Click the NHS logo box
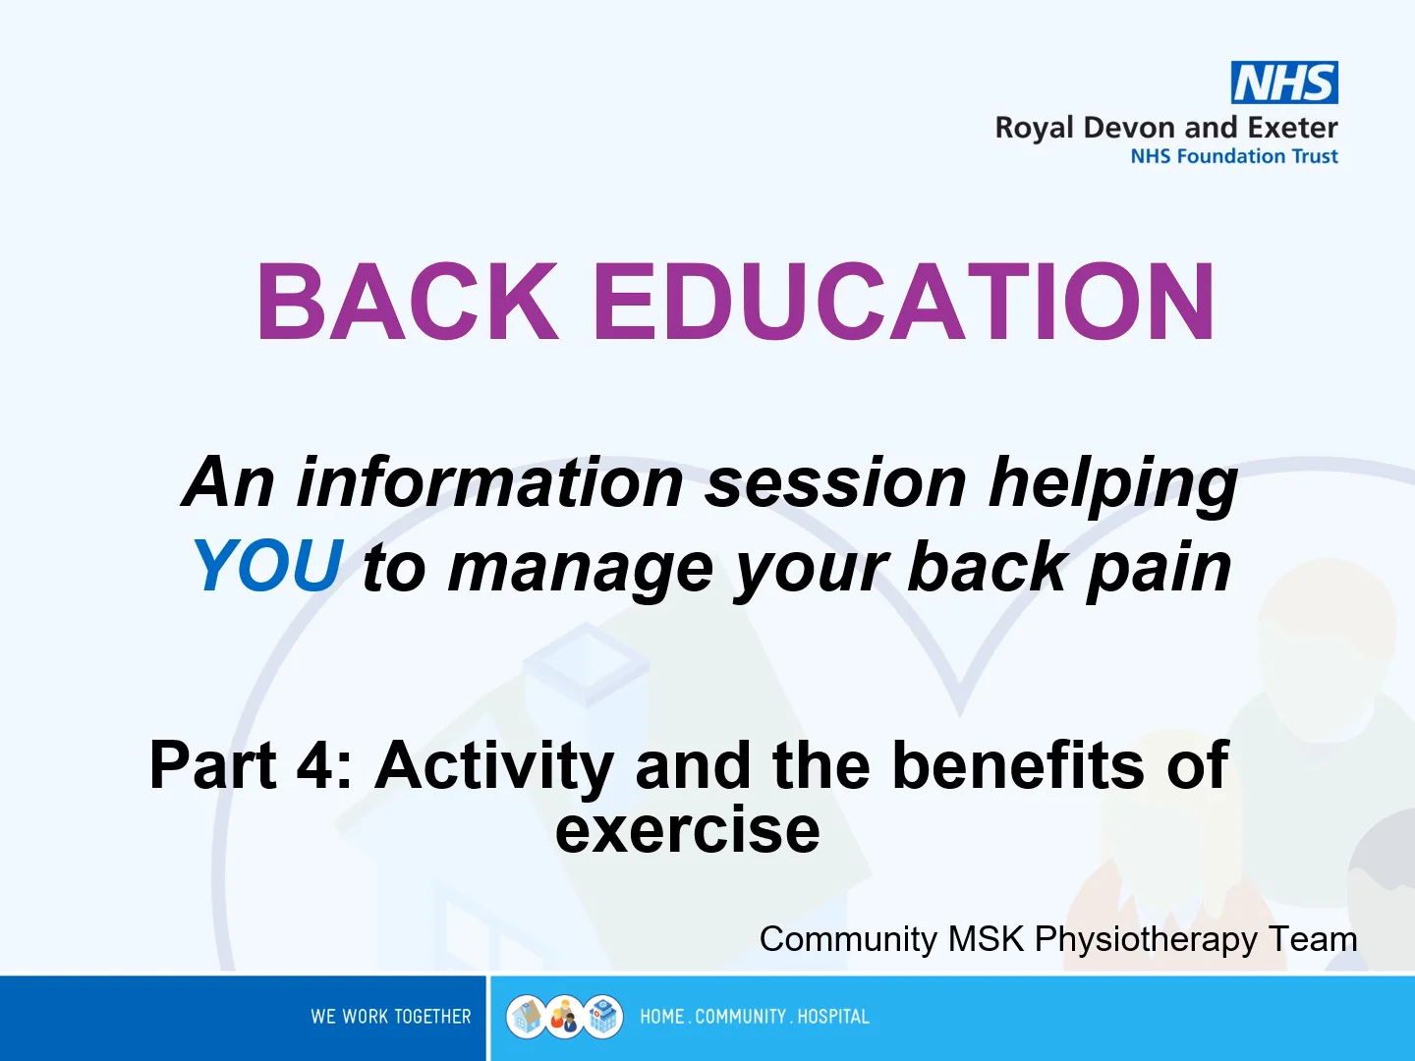pos(1284,83)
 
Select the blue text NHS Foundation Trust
pos(1234,156)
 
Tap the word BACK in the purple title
pos(408,302)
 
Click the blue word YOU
pos(268,566)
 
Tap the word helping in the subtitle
pos(1113,485)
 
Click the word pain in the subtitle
pos(1160,570)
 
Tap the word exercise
pos(687,829)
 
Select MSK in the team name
pos(986,938)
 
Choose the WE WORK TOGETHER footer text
pos(391,1017)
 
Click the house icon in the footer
pos(526,1017)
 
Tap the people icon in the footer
pos(565,1017)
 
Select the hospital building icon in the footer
pos(603,1017)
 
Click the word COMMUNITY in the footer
pos(740,1017)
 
